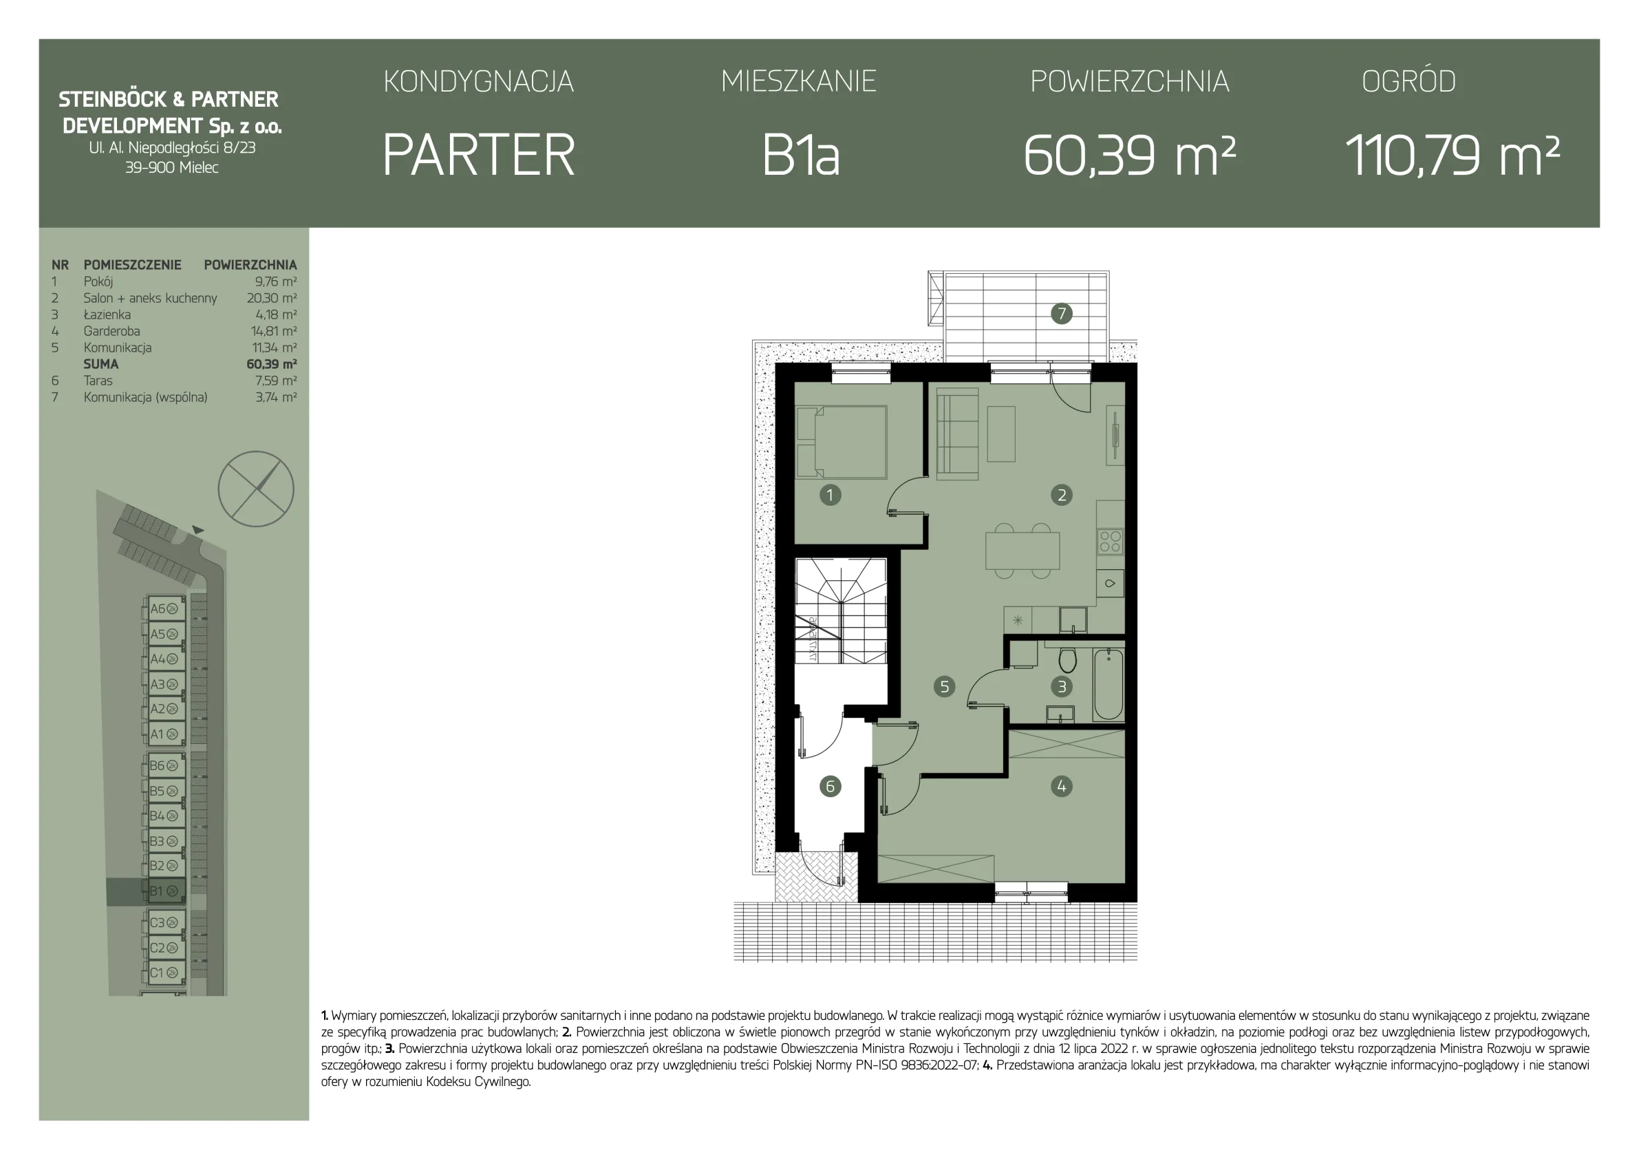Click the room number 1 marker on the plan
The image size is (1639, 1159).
830,495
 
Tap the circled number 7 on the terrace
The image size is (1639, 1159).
1062,312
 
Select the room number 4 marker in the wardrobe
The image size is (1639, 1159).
1062,786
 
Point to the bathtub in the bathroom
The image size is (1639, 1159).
1108,683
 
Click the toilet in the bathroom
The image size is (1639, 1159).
1067,659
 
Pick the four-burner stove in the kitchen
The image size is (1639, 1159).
1110,541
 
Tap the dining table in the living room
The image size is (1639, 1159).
1022,551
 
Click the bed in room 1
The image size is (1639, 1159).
842,442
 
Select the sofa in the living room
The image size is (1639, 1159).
957,435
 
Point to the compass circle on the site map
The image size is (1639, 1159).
255,489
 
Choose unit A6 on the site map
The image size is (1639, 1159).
166,608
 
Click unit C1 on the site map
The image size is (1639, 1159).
166,972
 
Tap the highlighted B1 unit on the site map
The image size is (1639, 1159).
166,891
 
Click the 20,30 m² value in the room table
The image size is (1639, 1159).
272,298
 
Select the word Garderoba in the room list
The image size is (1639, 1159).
111,331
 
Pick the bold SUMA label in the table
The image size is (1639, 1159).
100,364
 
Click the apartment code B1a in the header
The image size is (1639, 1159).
800,155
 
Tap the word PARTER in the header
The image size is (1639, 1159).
478,155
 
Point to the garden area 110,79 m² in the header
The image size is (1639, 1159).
1452,155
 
